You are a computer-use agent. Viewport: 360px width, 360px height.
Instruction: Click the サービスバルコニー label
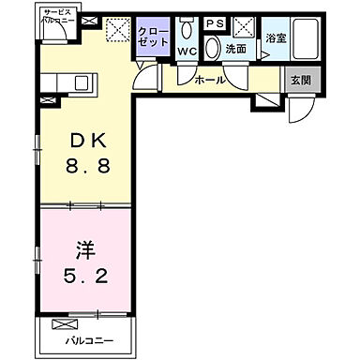click(x=58, y=17)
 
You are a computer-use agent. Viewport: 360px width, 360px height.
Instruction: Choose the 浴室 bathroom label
click(x=275, y=38)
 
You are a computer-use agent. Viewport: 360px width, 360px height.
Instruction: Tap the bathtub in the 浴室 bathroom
click(x=305, y=42)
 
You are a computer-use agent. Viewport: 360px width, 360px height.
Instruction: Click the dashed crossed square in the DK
click(x=117, y=30)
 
